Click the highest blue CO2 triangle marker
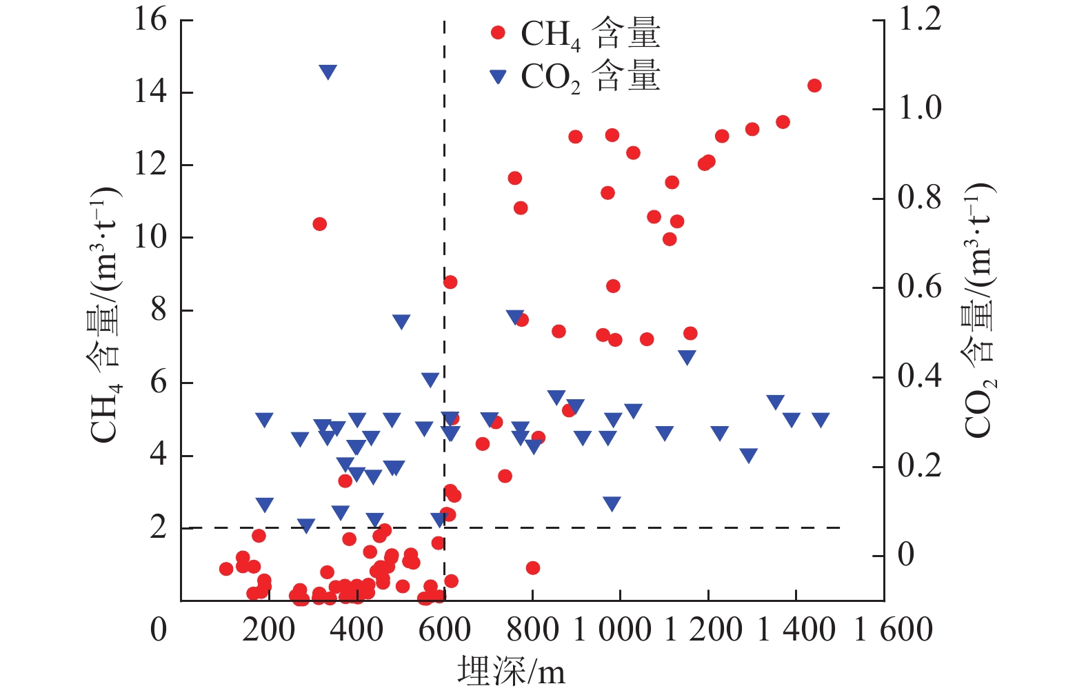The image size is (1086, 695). (328, 72)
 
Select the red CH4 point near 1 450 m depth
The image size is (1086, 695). (814, 85)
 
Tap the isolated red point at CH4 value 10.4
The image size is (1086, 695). (319, 224)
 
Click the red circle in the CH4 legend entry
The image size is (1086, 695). (498, 32)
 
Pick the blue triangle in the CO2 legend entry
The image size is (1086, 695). (498, 77)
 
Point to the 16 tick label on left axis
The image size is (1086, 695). (150, 19)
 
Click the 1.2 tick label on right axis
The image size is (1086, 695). (920, 19)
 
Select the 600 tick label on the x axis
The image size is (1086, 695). (444, 629)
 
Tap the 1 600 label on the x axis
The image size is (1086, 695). (893, 629)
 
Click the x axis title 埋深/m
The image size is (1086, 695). (511, 671)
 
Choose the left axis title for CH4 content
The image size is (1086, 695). (105, 314)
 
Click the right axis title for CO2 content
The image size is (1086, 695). (979, 310)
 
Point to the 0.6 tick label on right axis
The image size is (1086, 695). (920, 286)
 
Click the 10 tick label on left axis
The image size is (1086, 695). (150, 237)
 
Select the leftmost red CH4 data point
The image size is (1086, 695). (226, 569)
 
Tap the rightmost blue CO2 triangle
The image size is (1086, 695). (820, 419)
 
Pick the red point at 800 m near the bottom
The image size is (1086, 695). (532, 568)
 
